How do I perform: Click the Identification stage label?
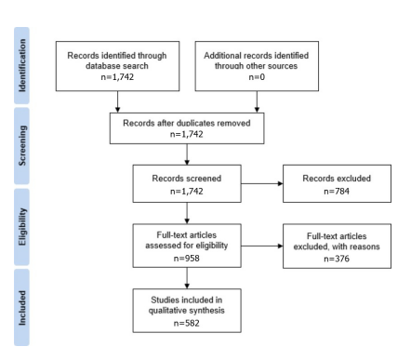tap(22, 65)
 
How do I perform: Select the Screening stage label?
tap(22, 145)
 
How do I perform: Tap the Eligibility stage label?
tap(22, 227)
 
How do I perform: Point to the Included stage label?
tap(22, 308)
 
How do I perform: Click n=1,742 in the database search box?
tap(117, 77)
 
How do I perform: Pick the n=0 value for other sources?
tap(257, 77)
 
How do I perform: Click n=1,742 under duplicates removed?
tap(187, 134)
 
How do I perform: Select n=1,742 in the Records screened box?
tap(187, 192)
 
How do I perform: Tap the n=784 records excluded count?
tap(337, 192)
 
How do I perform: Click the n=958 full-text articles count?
tap(187, 259)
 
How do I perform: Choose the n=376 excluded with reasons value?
tap(337, 259)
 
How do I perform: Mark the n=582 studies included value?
tap(187, 324)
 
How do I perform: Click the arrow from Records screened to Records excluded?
tap(262, 183)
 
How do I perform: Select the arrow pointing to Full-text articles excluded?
tap(262, 246)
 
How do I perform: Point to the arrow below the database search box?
tap(117, 101)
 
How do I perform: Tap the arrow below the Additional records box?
tap(257, 101)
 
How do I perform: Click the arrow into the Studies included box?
tap(187, 278)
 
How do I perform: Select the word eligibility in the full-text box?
tap(211, 246)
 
